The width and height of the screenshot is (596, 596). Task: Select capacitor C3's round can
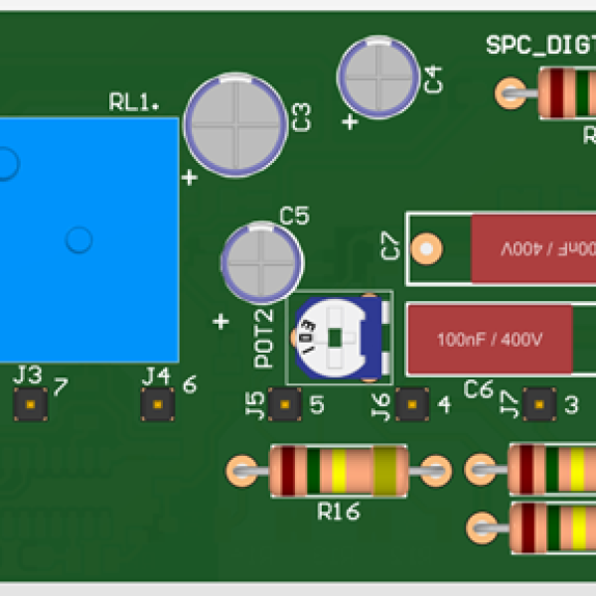pos(235,126)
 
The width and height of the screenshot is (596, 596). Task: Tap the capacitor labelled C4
pos(377,75)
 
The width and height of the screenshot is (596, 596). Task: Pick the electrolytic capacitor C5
pos(261,263)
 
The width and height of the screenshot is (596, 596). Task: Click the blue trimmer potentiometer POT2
pos(338,338)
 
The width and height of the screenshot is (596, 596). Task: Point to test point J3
pos(31,404)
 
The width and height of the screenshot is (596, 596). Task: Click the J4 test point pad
pos(157,404)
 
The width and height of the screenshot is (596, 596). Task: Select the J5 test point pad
pos(285,404)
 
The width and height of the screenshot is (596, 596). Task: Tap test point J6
pos(411,404)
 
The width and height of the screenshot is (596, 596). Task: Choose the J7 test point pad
pos(538,404)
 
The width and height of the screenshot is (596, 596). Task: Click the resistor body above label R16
pos(338,471)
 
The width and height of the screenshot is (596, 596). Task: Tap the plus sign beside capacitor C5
pos(222,322)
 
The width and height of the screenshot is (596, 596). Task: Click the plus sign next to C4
pos(350,122)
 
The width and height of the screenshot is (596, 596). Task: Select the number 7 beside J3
pos(61,386)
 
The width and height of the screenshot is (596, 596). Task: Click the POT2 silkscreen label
pos(264,338)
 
